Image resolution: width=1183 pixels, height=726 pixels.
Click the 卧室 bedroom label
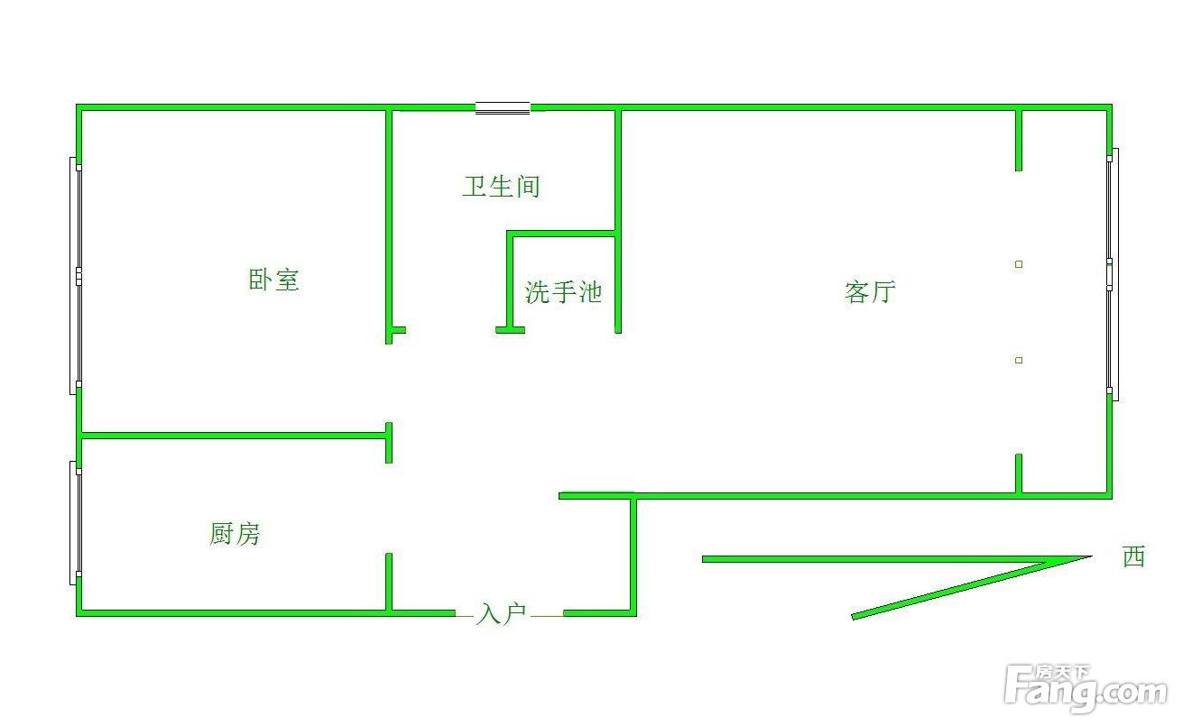[273, 280]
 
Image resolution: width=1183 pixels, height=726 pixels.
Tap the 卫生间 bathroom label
[501, 187]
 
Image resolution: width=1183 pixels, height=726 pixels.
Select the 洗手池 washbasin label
[563, 292]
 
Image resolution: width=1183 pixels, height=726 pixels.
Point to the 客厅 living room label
[870, 292]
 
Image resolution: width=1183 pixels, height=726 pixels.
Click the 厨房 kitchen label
[235, 534]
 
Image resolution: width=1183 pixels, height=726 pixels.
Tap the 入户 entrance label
[501, 614]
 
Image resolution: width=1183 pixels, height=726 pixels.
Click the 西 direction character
[1134, 556]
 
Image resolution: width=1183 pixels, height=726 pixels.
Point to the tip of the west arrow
[1092, 556]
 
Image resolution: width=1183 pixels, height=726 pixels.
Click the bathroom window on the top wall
[503, 107]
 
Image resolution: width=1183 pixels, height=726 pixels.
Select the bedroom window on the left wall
[76, 276]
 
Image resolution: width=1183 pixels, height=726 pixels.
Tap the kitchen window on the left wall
[76, 523]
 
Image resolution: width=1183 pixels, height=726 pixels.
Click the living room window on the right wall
[1113, 274]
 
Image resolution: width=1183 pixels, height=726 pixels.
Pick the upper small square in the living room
[1019, 264]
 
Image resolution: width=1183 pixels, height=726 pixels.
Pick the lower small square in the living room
[1019, 360]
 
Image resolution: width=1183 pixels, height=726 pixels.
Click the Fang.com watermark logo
[1086, 688]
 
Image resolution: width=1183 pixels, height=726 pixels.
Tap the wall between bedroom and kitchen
[234, 436]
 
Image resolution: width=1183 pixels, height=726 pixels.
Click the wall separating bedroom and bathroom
[389, 227]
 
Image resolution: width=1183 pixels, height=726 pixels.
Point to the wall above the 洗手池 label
[561, 234]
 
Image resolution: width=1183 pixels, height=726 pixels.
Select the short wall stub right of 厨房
[389, 582]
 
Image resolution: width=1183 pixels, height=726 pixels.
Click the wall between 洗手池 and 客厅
[618, 222]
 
